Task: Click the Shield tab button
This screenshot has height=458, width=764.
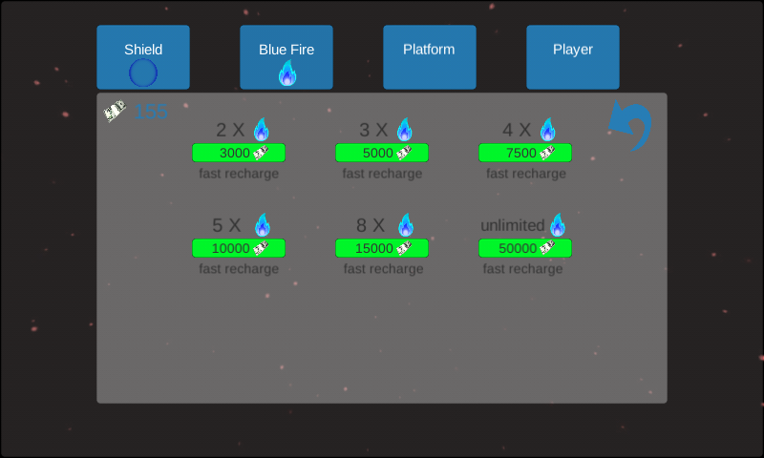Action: tap(143, 57)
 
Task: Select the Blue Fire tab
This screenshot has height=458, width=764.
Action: tap(286, 57)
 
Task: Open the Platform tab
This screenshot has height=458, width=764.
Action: tap(430, 57)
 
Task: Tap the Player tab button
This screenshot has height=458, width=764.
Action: tap(573, 57)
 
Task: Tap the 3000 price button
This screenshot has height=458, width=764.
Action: tap(239, 153)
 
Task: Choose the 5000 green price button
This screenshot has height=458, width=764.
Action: tap(382, 153)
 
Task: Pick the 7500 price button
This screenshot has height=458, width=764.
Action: tap(525, 153)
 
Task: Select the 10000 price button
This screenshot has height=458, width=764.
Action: tap(239, 248)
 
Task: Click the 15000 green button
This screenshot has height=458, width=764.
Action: tap(382, 248)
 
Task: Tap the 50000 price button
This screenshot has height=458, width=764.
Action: tap(525, 248)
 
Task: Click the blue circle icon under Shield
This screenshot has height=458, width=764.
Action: tap(143, 73)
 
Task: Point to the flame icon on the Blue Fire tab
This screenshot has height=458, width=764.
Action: tap(287, 73)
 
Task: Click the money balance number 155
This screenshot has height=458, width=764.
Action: tap(151, 112)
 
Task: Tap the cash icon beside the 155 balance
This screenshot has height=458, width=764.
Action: tap(116, 112)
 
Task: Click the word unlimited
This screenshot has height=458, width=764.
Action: tap(512, 226)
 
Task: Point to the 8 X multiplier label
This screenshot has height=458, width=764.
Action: tap(371, 226)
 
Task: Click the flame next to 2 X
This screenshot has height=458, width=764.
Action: tap(262, 130)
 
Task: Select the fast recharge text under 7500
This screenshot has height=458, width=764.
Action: tap(526, 174)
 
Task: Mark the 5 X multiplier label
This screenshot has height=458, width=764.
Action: tap(227, 226)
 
